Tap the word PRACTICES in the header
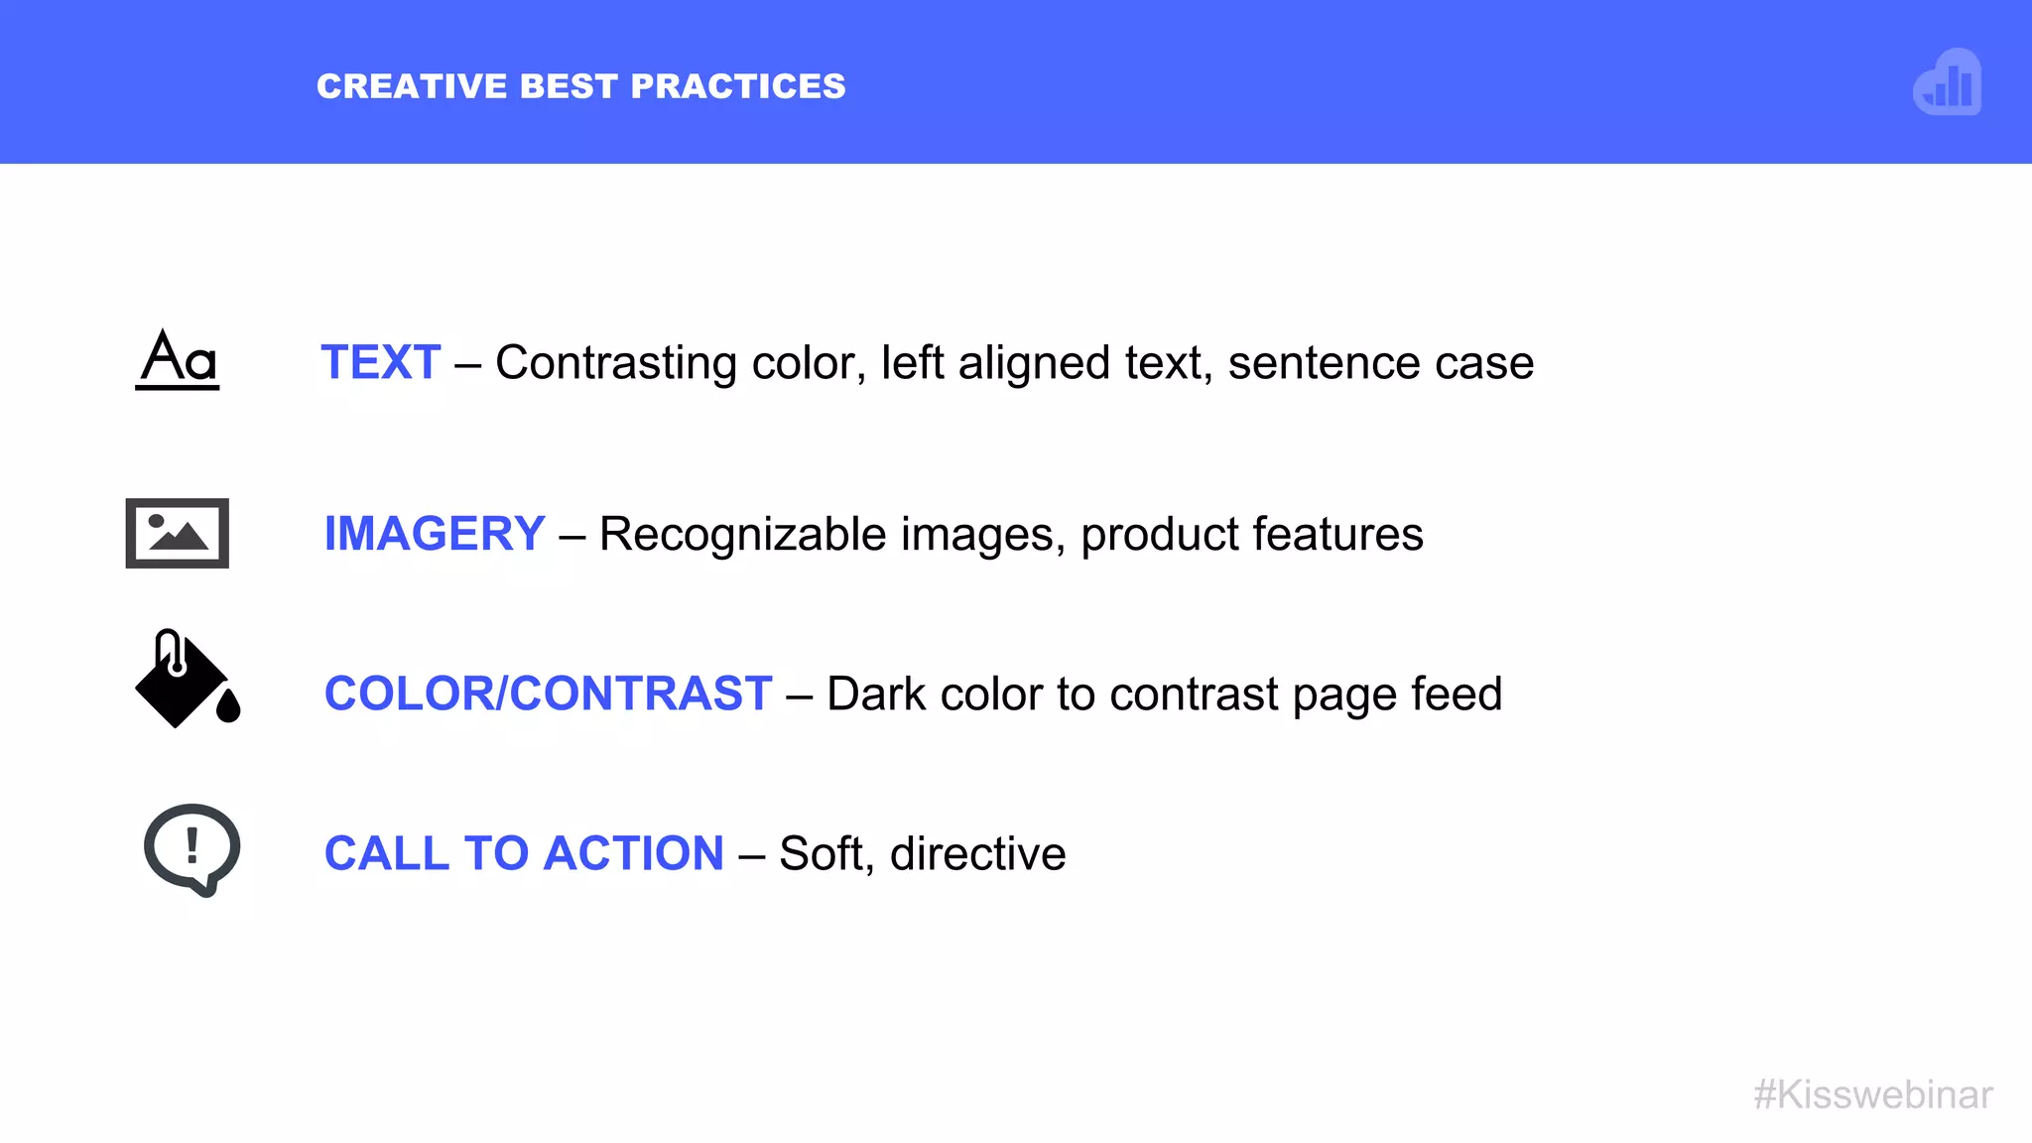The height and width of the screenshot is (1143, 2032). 738,86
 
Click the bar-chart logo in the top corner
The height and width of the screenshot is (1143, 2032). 1948,82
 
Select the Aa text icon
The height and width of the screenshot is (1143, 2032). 178,359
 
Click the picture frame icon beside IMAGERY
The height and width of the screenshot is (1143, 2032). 178,533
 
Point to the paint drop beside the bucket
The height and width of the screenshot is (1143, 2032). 228,705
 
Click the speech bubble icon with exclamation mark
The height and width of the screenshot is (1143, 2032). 192,849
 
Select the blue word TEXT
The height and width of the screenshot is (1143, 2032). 381,362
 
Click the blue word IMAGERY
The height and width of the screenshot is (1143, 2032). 435,534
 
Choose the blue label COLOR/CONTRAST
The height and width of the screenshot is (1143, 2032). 548,694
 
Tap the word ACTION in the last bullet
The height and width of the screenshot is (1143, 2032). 634,853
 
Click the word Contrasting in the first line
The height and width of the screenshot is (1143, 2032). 616,363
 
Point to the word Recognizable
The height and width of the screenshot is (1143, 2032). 743,535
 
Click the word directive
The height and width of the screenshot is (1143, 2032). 977,853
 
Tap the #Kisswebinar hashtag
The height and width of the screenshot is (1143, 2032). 1873,1094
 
